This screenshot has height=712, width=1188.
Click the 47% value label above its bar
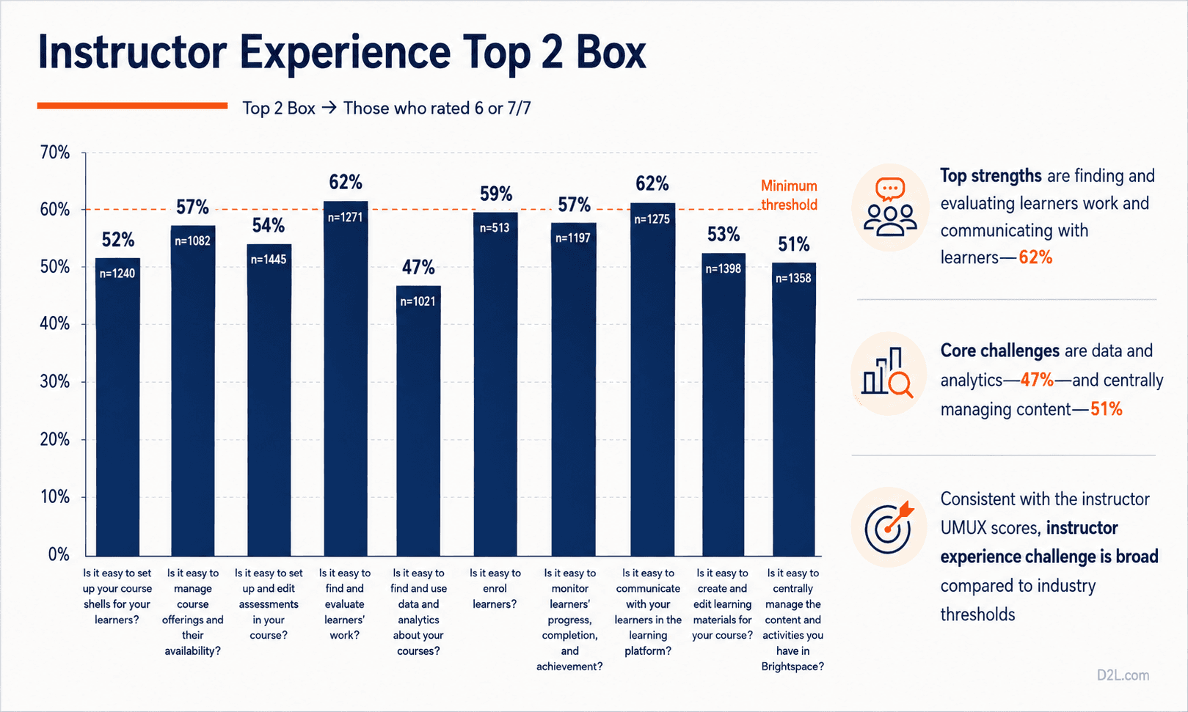pos(418,267)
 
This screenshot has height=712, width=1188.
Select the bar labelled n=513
pos(495,383)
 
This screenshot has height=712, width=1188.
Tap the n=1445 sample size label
pos(269,260)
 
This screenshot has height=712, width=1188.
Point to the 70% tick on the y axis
pos(54,153)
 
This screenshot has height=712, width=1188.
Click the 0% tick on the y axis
pos(59,554)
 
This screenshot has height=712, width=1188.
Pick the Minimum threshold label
pos(789,195)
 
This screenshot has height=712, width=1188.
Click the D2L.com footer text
pos(1123,675)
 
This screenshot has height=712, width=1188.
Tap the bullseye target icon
pos(889,527)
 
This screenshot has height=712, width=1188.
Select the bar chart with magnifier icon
pos(887,372)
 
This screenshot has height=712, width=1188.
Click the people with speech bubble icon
pos(890,207)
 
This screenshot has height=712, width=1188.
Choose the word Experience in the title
pos(345,54)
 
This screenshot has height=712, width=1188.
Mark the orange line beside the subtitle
pos(132,106)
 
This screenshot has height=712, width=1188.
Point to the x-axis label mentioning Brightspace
pos(793,620)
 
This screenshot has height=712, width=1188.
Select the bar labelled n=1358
pos(793,409)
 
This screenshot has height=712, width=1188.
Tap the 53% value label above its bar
pos(724,235)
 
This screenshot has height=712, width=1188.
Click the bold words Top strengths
pos(991,175)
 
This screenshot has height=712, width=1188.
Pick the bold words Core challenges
pos(999,351)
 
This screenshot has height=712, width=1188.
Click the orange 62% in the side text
pos(1035,257)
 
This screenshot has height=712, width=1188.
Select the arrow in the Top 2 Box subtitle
pos(329,108)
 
